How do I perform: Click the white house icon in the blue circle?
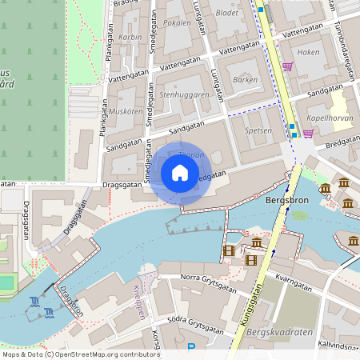[x=180, y=173]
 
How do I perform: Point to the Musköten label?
[x=125, y=111]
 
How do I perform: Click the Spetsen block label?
[x=258, y=130]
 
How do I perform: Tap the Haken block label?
[x=308, y=52]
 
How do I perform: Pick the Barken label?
[x=244, y=80]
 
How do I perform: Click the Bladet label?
[x=227, y=14]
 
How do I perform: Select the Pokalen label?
[x=177, y=23]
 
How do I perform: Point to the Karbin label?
[x=130, y=37]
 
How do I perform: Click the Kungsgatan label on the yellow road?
[x=250, y=314]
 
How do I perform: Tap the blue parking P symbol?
[x=190, y=347]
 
